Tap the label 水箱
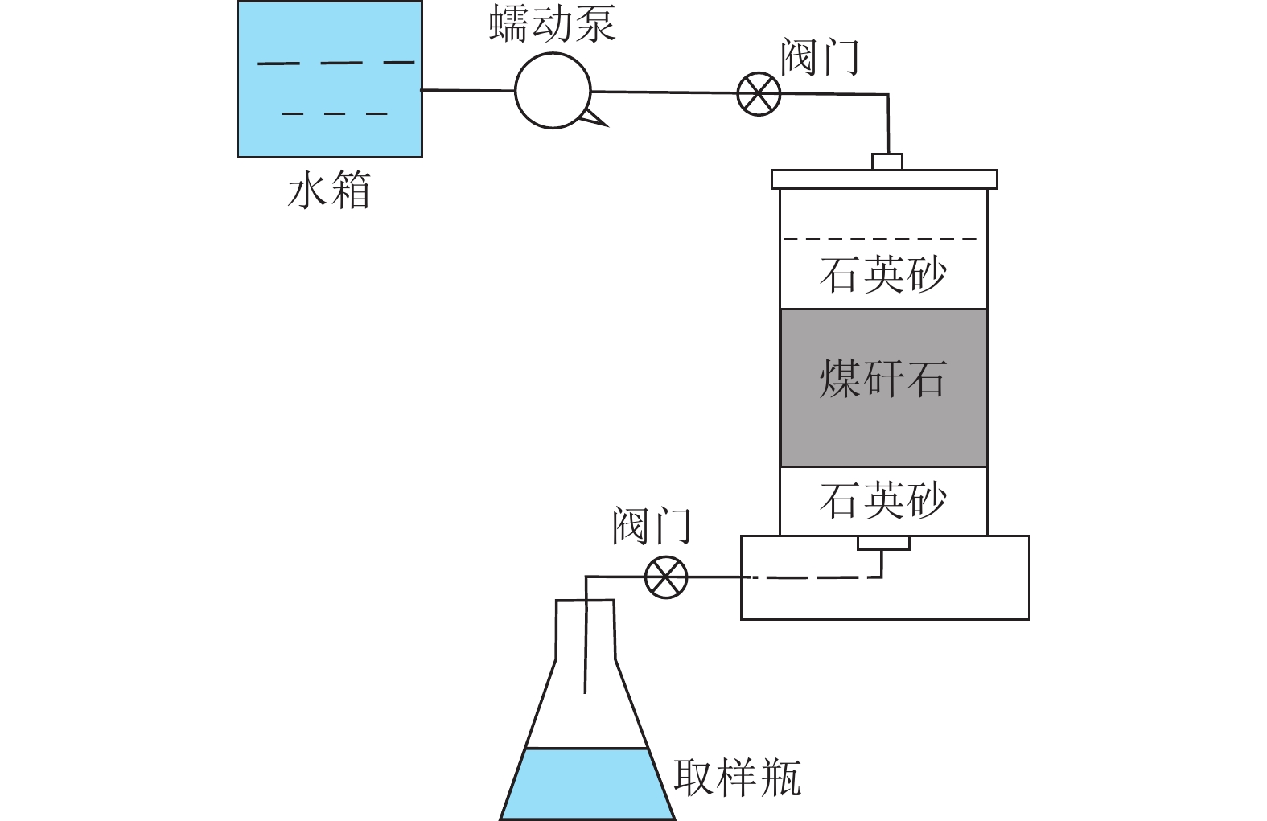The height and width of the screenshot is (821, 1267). pyautogui.click(x=329, y=192)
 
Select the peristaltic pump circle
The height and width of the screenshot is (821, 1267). pyautogui.click(x=553, y=91)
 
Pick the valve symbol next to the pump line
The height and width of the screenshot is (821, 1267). pyautogui.click(x=759, y=93)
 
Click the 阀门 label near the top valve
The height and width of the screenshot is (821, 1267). pyautogui.click(x=820, y=58)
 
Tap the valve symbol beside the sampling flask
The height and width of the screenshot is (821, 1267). pyautogui.click(x=667, y=577)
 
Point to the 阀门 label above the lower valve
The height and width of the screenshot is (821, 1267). pyautogui.click(x=652, y=527)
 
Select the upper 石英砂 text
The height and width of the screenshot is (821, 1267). pyautogui.click(x=883, y=275)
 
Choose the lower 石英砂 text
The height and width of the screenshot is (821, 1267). pyautogui.click(x=883, y=501)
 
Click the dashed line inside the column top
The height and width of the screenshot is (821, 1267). pyautogui.click(x=883, y=239)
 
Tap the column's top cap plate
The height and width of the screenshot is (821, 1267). pyautogui.click(x=883, y=179)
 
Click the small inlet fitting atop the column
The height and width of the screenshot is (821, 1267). pyautogui.click(x=887, y=162)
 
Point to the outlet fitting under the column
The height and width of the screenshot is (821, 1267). pyautogui.click(x=883, y=544)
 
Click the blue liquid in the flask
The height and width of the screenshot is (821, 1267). pyautogui.click(x=586, y=784)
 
